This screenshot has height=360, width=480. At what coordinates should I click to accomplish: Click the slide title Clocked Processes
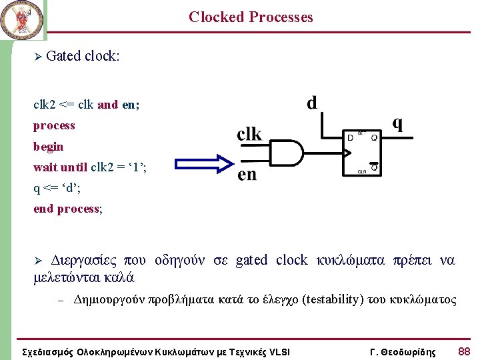[251, 17]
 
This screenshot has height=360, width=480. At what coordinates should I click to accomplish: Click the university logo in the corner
[22, 20]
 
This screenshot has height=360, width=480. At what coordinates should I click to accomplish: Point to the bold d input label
[311, 103]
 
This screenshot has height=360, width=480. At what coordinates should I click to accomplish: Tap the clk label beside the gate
[249, 134]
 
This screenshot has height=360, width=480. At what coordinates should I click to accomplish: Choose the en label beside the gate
[247, 175]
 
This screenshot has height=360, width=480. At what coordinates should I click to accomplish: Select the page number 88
[464, 351]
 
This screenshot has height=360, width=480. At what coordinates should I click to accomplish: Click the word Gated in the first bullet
[64, 56]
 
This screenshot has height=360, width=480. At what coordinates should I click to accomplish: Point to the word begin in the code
[49, 146]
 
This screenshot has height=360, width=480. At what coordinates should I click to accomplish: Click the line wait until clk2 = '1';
[90, 167]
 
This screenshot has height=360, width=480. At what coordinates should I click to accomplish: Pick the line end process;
[68, 209]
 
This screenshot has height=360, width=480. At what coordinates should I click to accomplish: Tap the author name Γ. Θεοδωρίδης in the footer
[402, 351]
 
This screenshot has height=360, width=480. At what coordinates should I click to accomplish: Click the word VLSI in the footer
[275, 351]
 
